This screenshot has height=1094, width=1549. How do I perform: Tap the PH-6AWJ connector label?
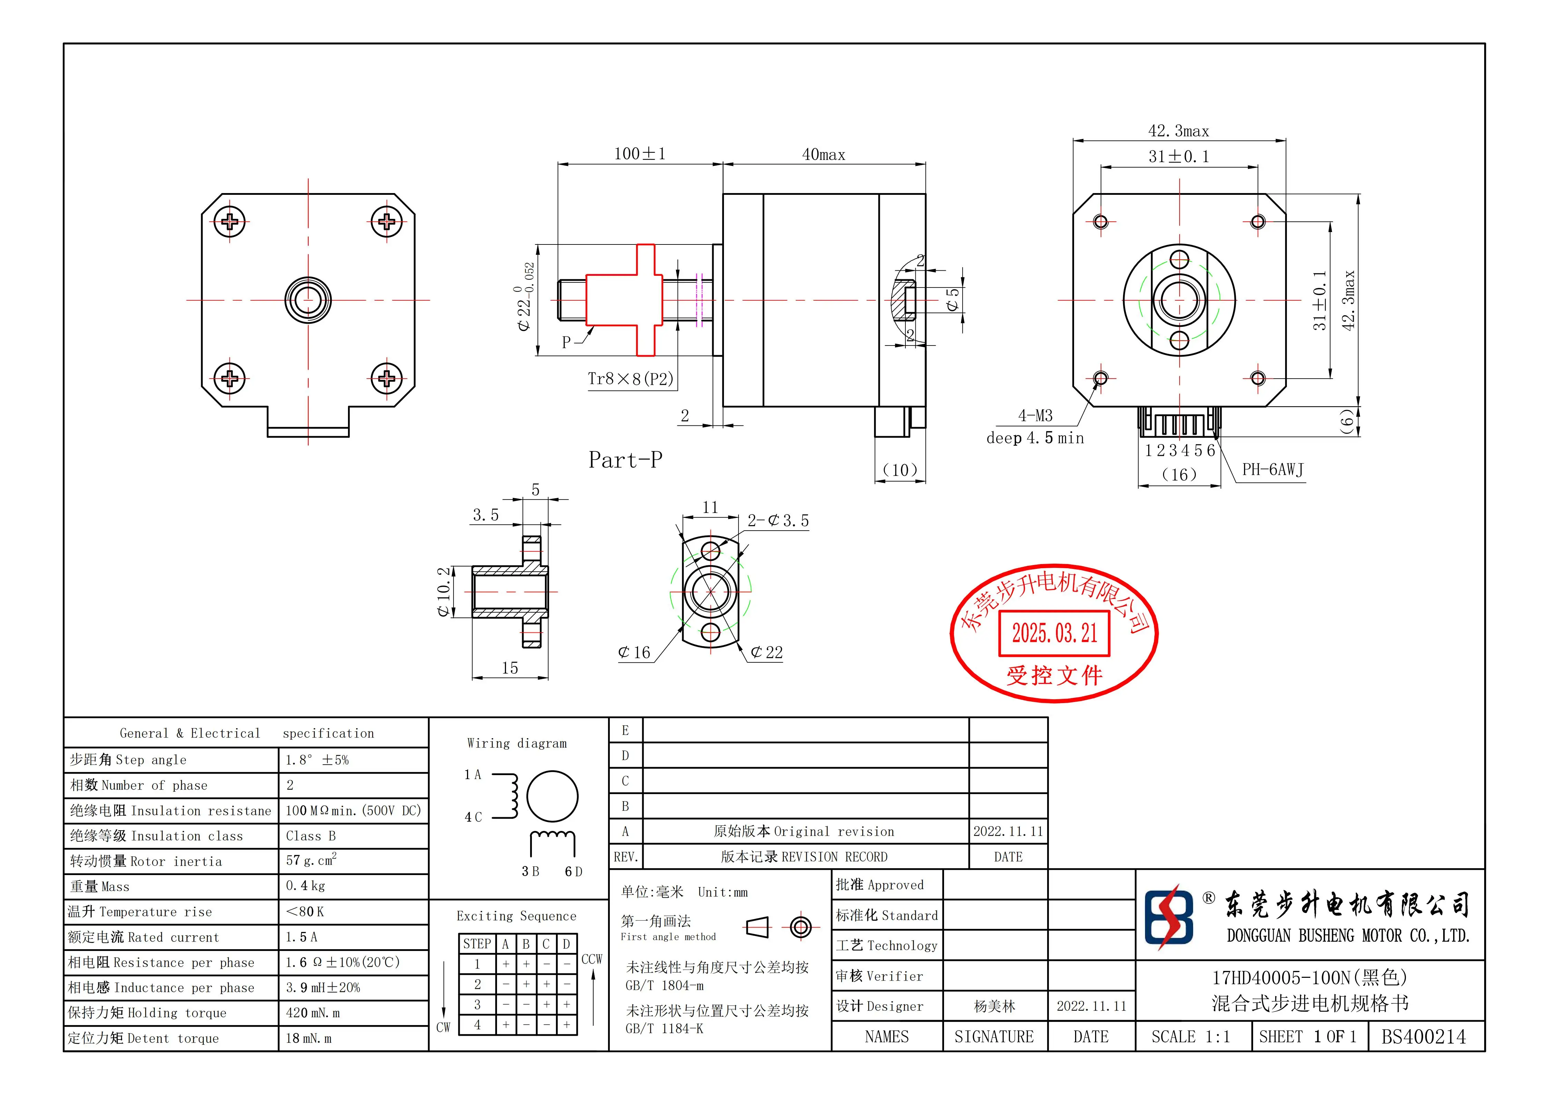click(1272, 470)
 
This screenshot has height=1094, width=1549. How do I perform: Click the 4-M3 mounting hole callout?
click(1035, 415)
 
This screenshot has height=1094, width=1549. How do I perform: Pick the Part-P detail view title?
click(625, 460)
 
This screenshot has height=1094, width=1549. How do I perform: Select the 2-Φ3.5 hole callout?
click(778, 521)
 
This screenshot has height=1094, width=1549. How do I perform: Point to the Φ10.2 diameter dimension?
click(443, 592)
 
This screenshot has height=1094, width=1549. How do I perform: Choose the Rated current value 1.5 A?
click(301, 937)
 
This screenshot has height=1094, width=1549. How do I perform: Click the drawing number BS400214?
click(1423, 1037)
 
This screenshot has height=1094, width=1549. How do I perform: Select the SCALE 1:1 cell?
click(1191, 1037)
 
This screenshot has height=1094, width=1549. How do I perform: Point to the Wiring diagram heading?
click(517, 743)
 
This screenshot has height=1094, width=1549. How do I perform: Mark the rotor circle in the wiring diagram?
click(552, 796)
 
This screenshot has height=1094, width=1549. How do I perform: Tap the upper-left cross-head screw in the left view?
click(230, 221)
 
